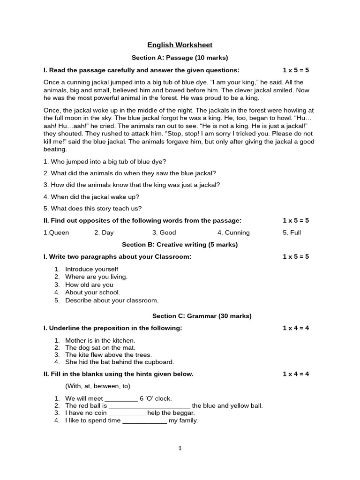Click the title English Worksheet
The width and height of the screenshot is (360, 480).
click(180, 45)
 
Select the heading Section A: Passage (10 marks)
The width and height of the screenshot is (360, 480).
click(180, 58)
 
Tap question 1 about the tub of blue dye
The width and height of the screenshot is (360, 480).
click(105, 161)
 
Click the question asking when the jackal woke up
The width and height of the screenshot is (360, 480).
click(91, 197)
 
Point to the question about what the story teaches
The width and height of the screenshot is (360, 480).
click(92, 209)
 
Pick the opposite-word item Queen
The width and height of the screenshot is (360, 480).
click(56, 232)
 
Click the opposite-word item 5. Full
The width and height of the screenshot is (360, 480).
click(292, 232)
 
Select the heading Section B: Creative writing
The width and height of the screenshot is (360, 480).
click(180, 245)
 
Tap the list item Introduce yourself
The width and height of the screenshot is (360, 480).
click(91, 269)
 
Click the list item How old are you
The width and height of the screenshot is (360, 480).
click(89, 285)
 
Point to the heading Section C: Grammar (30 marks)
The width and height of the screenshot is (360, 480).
click(202, 316)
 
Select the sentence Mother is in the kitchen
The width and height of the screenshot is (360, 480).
click(100, 340)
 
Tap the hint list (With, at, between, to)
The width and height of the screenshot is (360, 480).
click(97, 386)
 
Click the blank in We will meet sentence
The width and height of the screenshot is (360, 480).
click(121, 399)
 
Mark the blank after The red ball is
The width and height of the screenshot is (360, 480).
click(149, 406)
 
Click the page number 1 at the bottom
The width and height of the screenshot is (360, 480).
click(180, 448)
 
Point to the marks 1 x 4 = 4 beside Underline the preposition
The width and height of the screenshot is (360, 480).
click(296, 328)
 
